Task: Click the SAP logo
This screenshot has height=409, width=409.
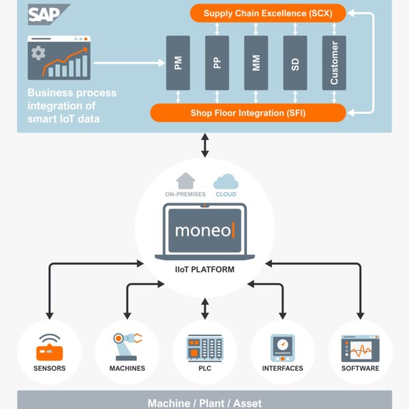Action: click(x=48, y=14)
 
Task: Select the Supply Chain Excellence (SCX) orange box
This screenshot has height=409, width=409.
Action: click(x=268, y=12)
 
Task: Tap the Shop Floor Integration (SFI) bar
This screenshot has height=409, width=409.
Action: click(x=248, y=112)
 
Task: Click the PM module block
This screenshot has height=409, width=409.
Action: click(x=178, y=63)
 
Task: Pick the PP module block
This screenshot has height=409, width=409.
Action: click(x=217, y=63)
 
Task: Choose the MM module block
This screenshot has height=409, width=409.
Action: click(x=256, y=63)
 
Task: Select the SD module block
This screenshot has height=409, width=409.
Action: click(x=294, y=63)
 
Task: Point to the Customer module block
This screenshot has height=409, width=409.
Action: click(x=334, y=63)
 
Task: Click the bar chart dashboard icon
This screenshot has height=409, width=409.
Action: click(x=59, y=58)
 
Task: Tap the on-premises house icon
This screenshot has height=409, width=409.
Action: click(x=185, y=181)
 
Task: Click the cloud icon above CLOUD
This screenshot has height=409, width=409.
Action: click(x=225, y=181)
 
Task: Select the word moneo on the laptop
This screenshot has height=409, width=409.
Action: click(x=202, y=230)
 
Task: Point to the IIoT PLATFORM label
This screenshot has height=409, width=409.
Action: click(x=204, y=270)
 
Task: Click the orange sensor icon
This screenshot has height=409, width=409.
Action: click(x=49, y=348)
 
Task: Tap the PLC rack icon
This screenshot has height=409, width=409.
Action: click(x=205, y=348)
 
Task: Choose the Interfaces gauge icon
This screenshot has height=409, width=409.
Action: click(x=282, y=348)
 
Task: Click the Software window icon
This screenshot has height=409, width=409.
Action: click(x=360, y=348)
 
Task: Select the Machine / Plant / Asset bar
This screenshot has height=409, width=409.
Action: click(x=204, y=401)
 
